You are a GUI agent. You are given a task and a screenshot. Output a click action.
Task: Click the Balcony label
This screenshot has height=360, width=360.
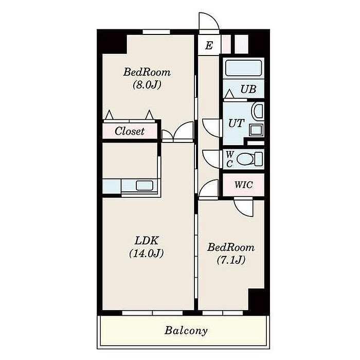tap(186, 331)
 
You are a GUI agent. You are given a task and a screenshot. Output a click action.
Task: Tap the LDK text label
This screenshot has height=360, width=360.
tap(147, 241)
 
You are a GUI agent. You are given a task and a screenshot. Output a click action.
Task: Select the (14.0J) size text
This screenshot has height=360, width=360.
tap(147, 254)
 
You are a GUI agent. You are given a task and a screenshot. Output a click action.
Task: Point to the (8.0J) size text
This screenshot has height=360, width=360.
tap(147, 85)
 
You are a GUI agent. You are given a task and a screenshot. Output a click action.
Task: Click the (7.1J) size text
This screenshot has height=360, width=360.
tap(231, 260)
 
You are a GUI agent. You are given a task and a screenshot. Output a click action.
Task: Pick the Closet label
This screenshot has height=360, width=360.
tap(130, 131)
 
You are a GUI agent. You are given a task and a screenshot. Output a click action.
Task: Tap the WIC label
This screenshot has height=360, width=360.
tap(244, 185)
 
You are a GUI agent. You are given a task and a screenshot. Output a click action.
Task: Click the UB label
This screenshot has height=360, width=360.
tap(248, 89)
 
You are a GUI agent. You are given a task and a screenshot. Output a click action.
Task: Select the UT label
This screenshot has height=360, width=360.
tap(236, 123)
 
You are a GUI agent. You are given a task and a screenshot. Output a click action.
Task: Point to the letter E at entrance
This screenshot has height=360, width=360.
tap(209, 45)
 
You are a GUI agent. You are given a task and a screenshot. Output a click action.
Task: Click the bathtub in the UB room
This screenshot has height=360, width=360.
tap(243, 68)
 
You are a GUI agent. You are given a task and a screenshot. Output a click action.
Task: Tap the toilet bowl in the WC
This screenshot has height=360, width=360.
tap(245, 159)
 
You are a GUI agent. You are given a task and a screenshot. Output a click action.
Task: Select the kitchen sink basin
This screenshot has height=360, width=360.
tap(145, 186)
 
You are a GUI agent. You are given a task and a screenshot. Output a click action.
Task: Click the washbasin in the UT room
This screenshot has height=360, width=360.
tap(258, 111)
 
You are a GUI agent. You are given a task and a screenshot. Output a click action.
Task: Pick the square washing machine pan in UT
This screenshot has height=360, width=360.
tap(256, 130)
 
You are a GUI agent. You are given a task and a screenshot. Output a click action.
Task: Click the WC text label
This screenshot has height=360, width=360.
tap(229, 159)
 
